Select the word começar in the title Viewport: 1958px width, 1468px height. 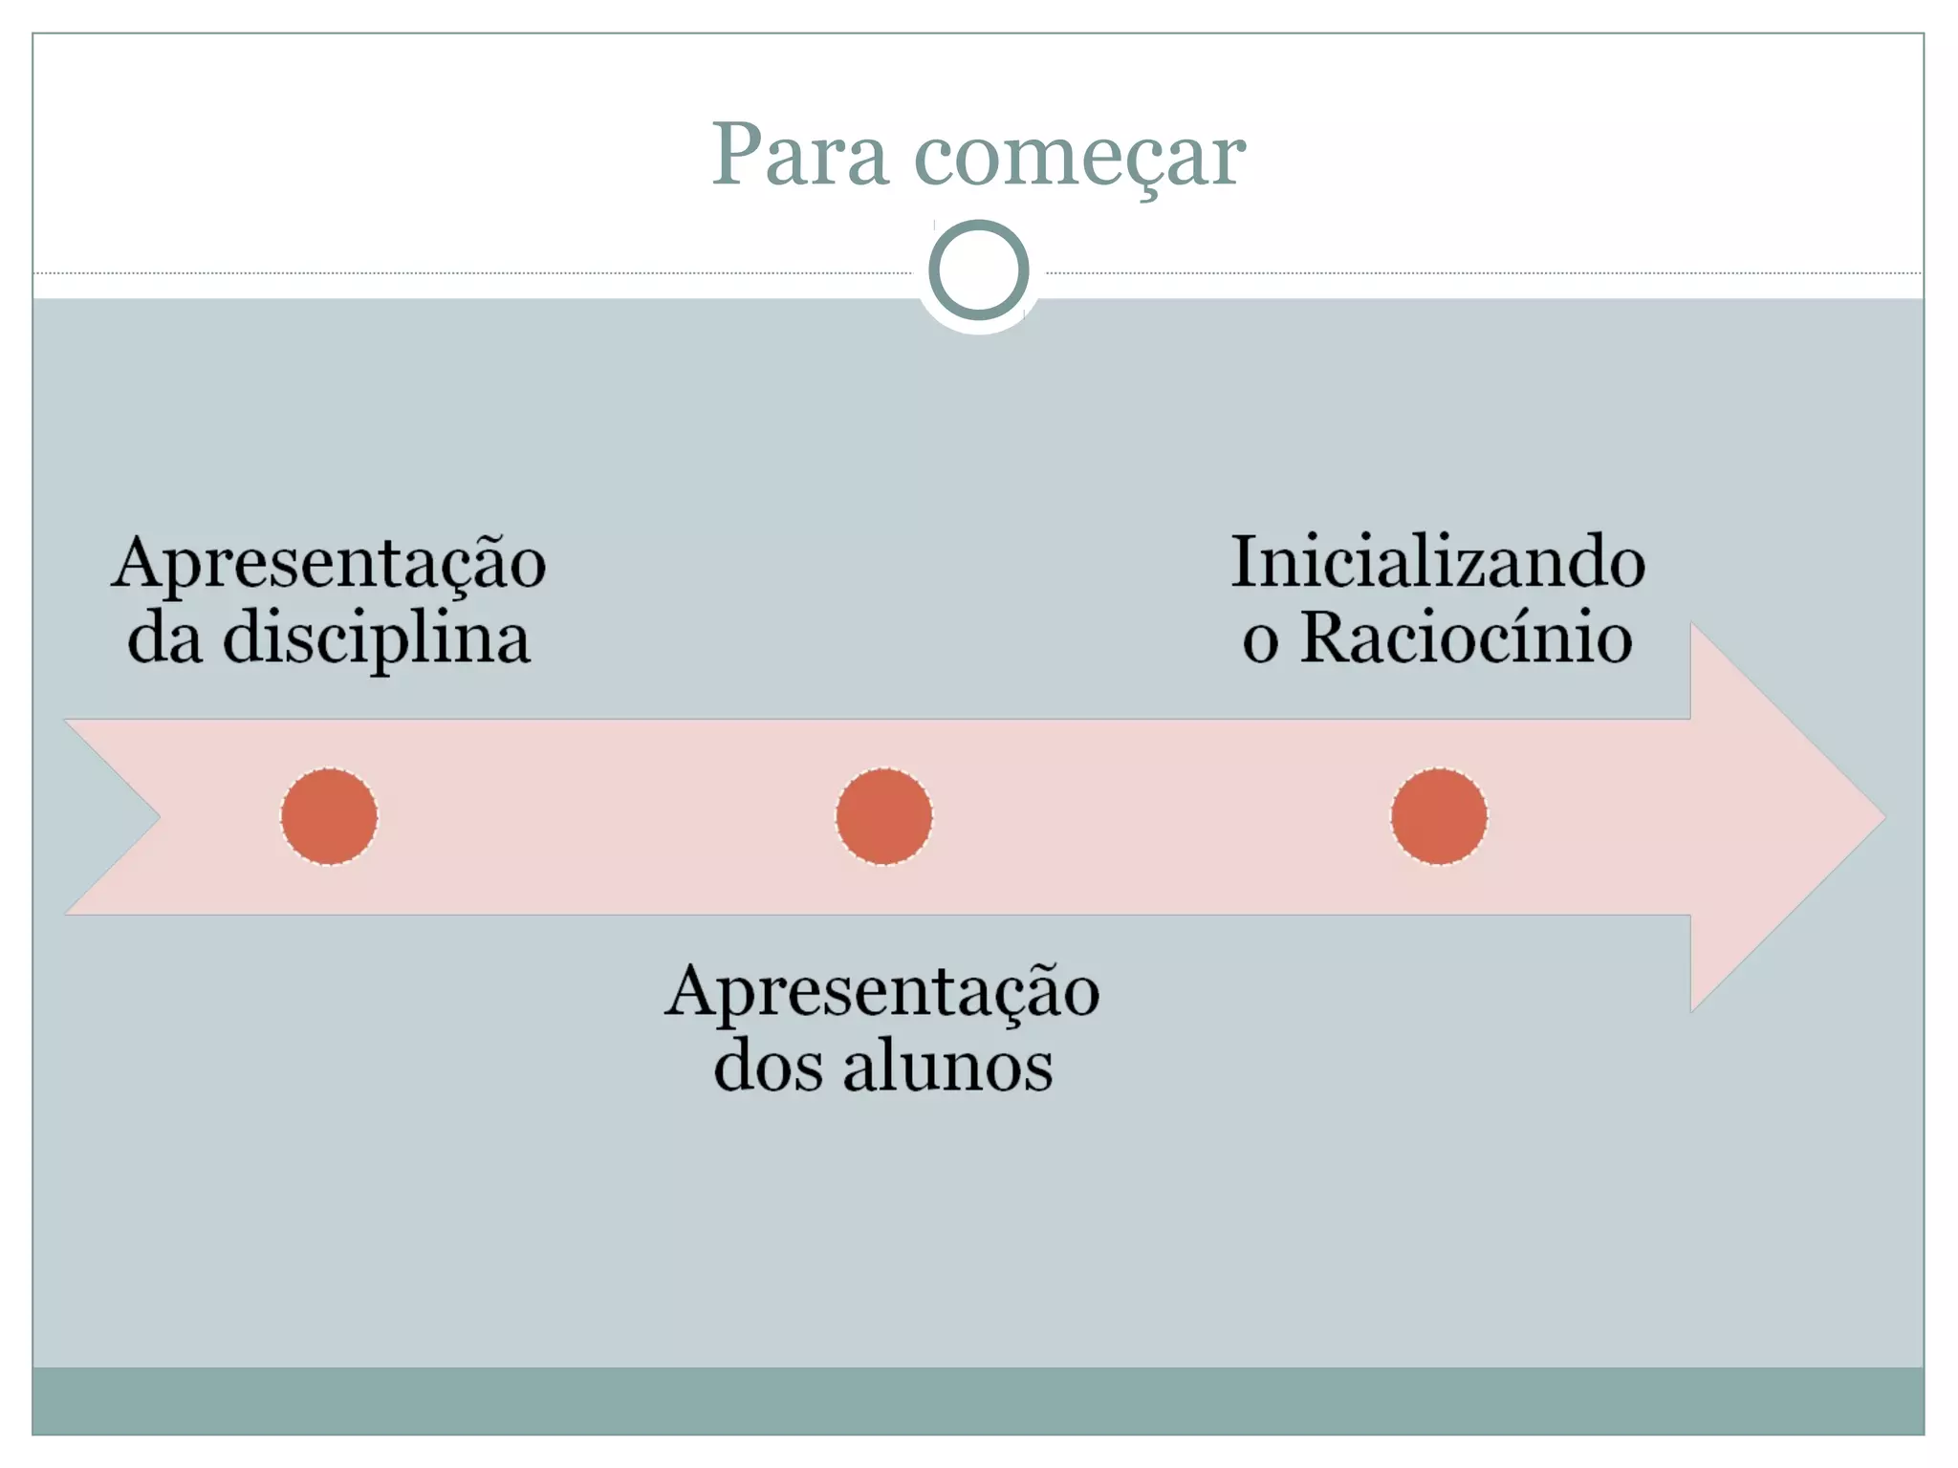coord(1079,157)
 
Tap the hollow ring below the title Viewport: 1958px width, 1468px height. coord(978,270)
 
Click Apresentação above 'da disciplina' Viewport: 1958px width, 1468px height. coord(329,564)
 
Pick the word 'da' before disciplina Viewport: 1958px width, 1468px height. coord(164,638)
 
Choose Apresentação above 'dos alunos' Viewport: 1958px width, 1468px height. coord(882,992)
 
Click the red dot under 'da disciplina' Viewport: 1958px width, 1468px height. coord(329,816)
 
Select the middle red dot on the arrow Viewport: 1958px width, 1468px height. coord(883,816)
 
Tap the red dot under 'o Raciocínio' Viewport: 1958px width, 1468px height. coord(1439,816)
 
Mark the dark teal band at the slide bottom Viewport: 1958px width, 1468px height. coord(978,1400)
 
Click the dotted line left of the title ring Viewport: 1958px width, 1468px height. coord(478,273)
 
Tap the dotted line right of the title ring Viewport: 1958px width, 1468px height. coord(1482,273)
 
